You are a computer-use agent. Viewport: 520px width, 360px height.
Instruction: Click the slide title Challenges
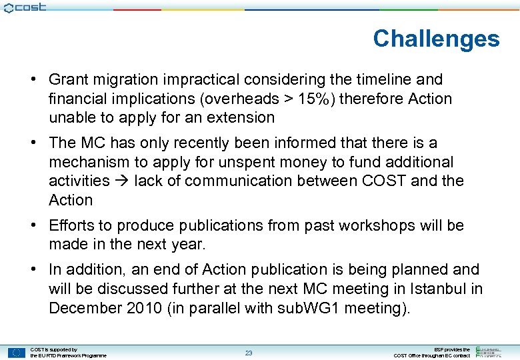point(436,39)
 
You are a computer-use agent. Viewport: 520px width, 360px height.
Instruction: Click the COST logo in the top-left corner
point(25,7)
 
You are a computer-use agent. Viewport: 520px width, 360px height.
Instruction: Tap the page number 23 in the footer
point(248,353)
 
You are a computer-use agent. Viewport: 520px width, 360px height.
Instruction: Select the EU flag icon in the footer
point(17,353)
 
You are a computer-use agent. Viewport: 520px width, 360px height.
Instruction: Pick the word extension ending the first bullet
point(239,117)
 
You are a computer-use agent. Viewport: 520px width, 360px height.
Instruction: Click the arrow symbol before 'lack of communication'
point(121,181)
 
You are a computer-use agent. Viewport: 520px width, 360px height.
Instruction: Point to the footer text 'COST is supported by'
point(54,349)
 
